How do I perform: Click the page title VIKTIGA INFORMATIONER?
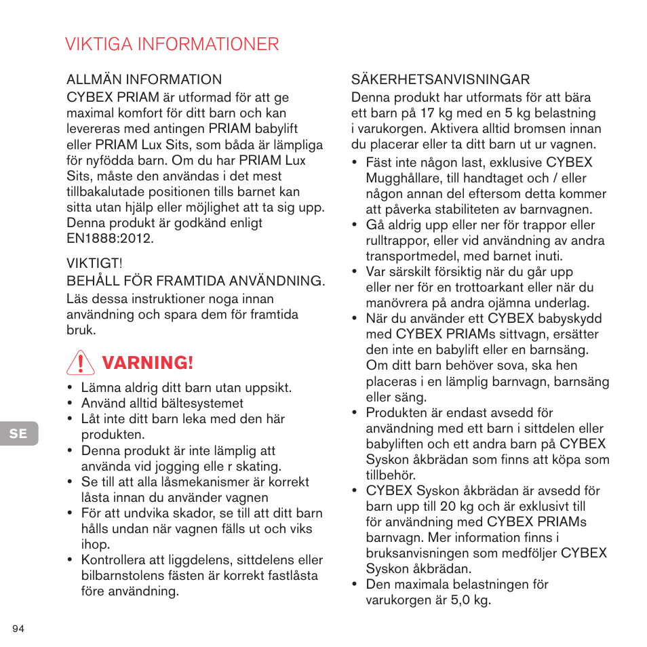point(172,44)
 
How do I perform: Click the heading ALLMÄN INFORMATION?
point(144,80)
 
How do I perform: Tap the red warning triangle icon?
point(81,364)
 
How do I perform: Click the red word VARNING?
point(147,364)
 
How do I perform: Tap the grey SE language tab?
point(18,433)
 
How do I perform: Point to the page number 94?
point(18,629)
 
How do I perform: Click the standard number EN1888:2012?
point(110,239)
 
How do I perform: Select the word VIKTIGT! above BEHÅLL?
point(94,263)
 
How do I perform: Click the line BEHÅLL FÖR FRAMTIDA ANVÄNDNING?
point(195,280)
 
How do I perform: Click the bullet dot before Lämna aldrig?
point(70,389)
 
